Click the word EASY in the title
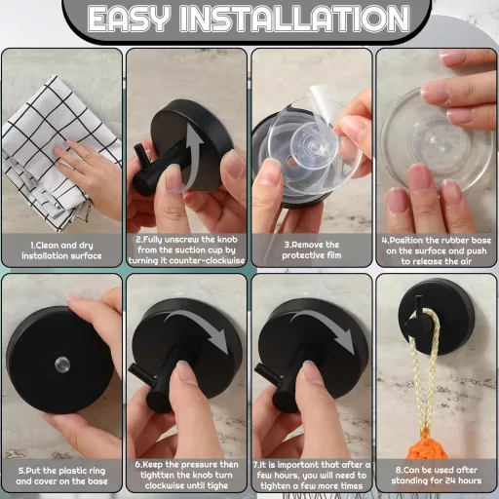129,19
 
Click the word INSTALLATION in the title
295,19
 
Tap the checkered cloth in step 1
49,149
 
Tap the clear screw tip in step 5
62,364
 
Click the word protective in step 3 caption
299,255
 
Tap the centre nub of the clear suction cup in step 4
433,139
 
